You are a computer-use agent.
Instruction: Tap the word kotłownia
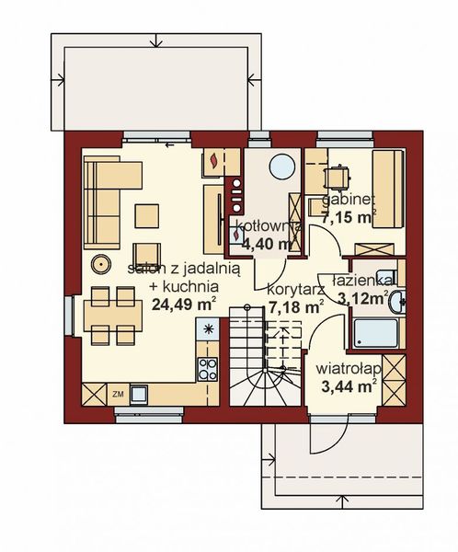tap(262, 226)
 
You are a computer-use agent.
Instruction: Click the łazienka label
tap(364, 279)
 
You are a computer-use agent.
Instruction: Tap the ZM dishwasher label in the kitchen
tap(119, 394)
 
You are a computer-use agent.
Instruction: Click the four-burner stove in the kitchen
tap(207, 368)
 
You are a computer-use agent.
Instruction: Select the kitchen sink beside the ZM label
tap(140, 394)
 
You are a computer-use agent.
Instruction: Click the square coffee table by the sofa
tap(147, 214)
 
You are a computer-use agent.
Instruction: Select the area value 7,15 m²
tap(347, 217)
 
